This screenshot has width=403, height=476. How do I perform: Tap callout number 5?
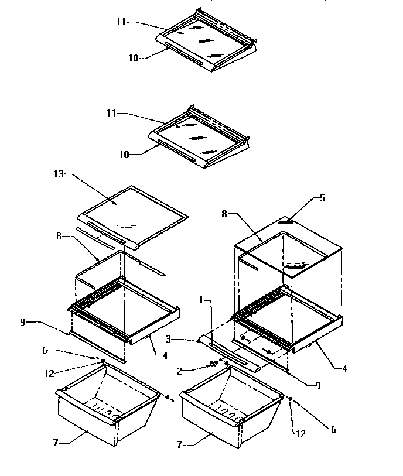pyautogui.click(x=323, y=198)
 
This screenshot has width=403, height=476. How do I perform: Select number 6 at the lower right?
pyautogui.click(x=334, y=429)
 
